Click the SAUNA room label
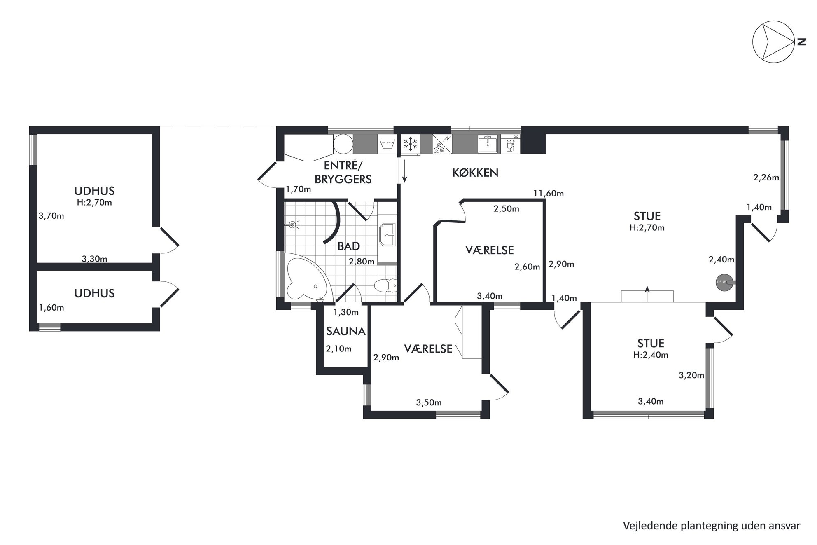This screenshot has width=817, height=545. click(346, 331)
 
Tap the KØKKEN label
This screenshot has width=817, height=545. click(475, 173)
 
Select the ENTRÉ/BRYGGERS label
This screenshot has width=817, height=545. click(343, 173)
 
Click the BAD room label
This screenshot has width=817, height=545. click(349, 246)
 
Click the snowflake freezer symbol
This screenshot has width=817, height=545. click(410, 144)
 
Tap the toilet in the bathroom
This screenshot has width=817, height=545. click(385, 285)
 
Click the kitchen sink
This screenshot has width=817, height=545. click(488, 144)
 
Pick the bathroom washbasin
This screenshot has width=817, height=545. click(387, 235)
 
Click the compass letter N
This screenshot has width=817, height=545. click(802, 42)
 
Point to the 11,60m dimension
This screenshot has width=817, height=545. click(549, 193)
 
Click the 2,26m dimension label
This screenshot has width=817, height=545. click(766, 178)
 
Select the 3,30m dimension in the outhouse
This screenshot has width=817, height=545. click(94, 259)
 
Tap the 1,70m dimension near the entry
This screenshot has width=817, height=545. click(299, 189)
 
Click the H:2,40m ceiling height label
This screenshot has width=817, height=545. click(651, 355)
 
